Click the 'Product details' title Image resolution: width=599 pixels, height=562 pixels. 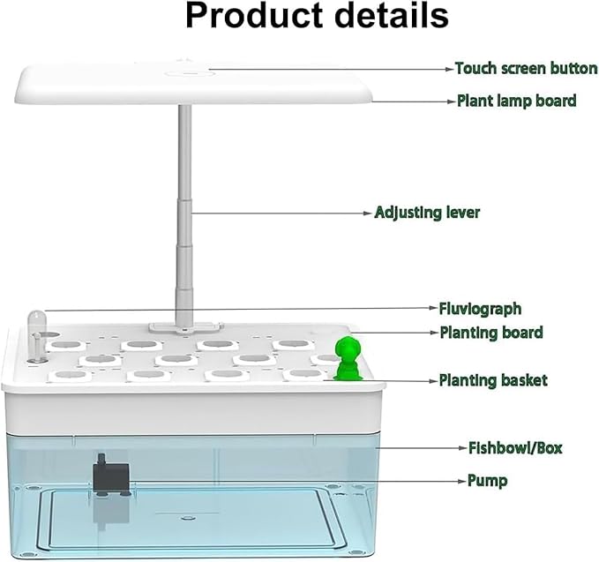[317, 16]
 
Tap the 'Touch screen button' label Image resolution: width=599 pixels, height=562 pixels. [527, 69]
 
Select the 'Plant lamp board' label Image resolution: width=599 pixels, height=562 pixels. [517, 101]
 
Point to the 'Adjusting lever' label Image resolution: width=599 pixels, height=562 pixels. [427, 213]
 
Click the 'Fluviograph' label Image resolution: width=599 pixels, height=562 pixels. [480, 309]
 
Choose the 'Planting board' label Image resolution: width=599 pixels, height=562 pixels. [491, 333]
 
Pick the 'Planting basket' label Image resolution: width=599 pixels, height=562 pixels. [493, 380]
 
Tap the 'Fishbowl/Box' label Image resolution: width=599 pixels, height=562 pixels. [515, 448]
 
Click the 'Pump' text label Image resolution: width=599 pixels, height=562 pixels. [488, 481]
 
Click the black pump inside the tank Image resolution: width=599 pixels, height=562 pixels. [111, 475]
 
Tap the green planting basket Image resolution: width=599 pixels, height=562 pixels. [348, 358]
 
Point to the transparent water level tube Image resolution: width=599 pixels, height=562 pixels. [37, 335]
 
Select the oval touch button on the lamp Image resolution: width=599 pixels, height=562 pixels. [187, 73]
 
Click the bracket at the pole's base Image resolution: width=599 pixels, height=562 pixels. [185, 327]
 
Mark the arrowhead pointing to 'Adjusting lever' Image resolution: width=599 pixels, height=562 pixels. [368, 214]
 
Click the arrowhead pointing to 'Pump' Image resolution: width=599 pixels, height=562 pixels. [462, 482]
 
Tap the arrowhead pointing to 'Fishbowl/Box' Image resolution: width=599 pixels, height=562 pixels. [463, 448]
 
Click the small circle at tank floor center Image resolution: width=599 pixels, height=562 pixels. [188, 518]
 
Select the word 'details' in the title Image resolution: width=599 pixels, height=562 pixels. [392, 16]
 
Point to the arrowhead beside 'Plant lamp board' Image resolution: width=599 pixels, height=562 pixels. [453, 101]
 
